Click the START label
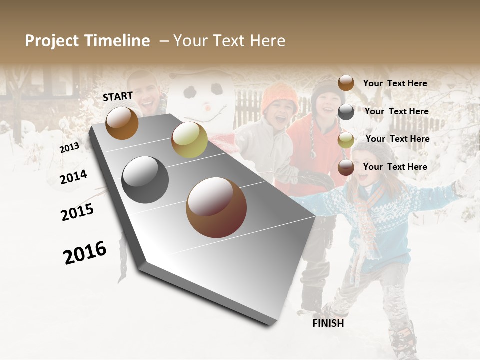coord(118,96)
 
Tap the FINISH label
coord(328,323)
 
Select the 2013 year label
coord(69,148)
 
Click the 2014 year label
coord(73,177)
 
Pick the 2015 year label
coord(77,212)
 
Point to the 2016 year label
coord(85,253)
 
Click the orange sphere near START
coord(122,123)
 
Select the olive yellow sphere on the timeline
coord(189,139)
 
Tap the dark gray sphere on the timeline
coord(145,180)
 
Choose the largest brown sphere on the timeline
coord(216,207)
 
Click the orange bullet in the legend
coord(346,83)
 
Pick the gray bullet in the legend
coord(346,112)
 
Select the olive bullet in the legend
coord(346,140)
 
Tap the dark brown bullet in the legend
coord(346,168)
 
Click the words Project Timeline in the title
coord(87,41)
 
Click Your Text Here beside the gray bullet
coord(396,111)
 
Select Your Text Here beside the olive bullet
coord(397,139)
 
